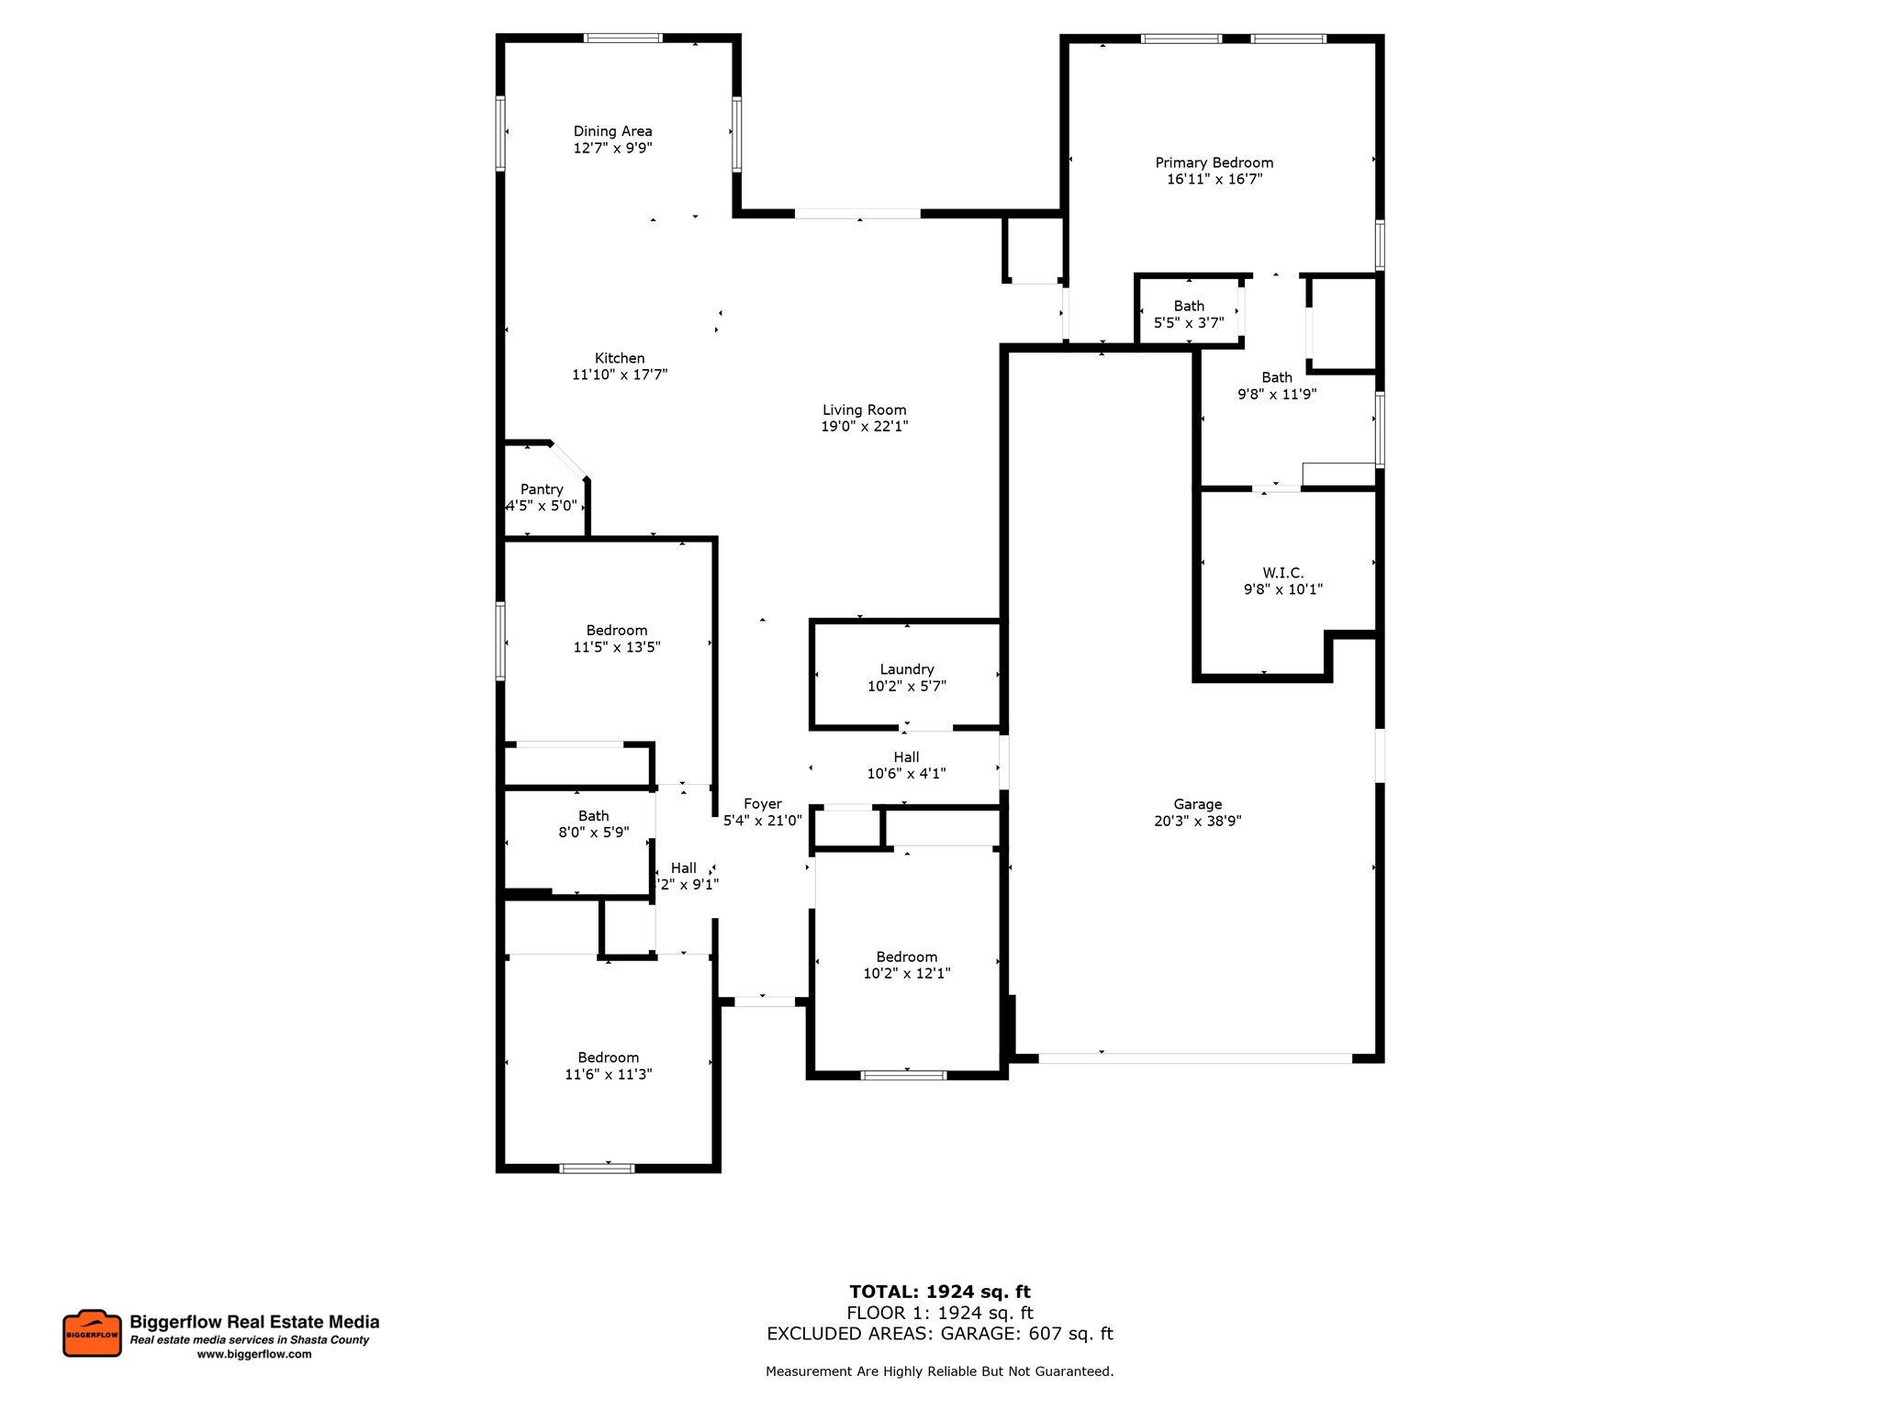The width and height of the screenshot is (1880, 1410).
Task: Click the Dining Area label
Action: point(612,131)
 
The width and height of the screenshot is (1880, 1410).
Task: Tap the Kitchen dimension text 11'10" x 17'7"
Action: point(620,375)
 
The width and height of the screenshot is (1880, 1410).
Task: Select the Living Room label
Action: point(864,409)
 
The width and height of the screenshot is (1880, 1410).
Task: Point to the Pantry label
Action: point(542,489)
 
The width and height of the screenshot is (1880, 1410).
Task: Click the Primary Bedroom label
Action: point(1214,162)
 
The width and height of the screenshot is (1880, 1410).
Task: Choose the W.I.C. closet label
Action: point(1282,573)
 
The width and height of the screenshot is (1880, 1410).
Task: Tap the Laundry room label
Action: point(907,669)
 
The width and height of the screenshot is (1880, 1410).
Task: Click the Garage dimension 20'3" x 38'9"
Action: point(1197,821)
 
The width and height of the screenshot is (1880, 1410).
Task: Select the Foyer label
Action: point(763,803)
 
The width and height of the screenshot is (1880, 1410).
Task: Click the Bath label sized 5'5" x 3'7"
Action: point(1189,306)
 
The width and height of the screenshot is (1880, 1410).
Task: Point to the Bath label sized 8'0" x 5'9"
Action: point(593,815)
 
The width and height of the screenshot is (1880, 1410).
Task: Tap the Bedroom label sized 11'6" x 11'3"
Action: point(608,1057)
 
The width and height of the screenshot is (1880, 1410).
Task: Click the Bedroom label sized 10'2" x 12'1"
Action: point(906,957)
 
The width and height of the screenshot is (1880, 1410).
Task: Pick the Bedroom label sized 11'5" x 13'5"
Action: point(616,630)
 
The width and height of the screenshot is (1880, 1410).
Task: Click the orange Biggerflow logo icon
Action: point(92,1333)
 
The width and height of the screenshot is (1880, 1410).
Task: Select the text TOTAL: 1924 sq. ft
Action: point(939,1292)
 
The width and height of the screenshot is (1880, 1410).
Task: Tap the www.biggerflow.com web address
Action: point(254,1354)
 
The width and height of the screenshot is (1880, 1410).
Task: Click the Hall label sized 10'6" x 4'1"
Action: point(906,756)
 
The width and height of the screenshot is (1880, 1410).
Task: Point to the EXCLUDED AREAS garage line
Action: point(939,1333)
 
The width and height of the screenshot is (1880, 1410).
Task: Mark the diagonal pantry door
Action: point(569,460)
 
